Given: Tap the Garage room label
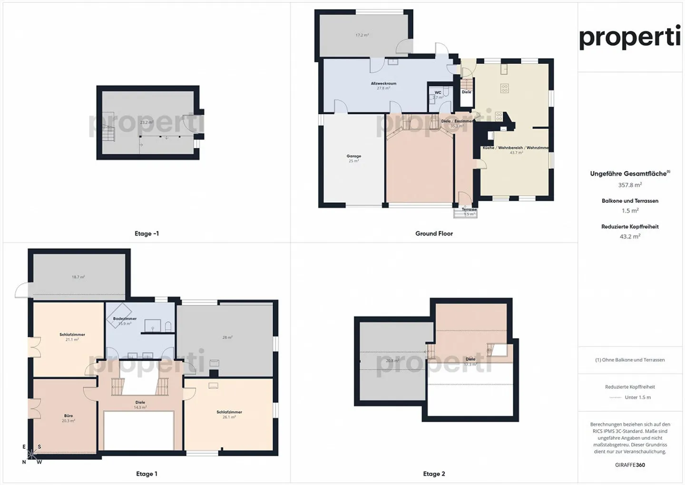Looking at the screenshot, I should point(353,156).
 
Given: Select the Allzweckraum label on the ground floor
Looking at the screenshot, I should point(383,83).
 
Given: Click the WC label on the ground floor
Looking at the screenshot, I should point(438,93).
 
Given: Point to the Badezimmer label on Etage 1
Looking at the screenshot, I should point(125,319).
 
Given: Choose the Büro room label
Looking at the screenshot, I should point(68,416).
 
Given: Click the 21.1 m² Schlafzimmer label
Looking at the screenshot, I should point(72,335).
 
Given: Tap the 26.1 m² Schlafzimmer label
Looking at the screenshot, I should point(229,412).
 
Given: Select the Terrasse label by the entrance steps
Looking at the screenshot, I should point(469,209).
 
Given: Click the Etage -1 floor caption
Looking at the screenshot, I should point(147,234).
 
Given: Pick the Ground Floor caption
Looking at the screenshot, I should point(434,234).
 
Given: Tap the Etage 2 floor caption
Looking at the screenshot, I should point(434,474).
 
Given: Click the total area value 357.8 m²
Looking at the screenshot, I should point(630,185).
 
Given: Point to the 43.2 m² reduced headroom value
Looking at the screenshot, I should point(630,237).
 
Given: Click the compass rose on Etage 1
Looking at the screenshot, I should point(31,454).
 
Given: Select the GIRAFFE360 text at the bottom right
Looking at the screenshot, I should point(630,465).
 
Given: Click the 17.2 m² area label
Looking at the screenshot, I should point(362,35).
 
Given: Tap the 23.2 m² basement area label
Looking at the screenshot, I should point(147,122).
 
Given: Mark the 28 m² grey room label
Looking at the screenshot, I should point(227,337).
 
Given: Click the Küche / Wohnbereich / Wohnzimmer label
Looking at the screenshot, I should point(516,148).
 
